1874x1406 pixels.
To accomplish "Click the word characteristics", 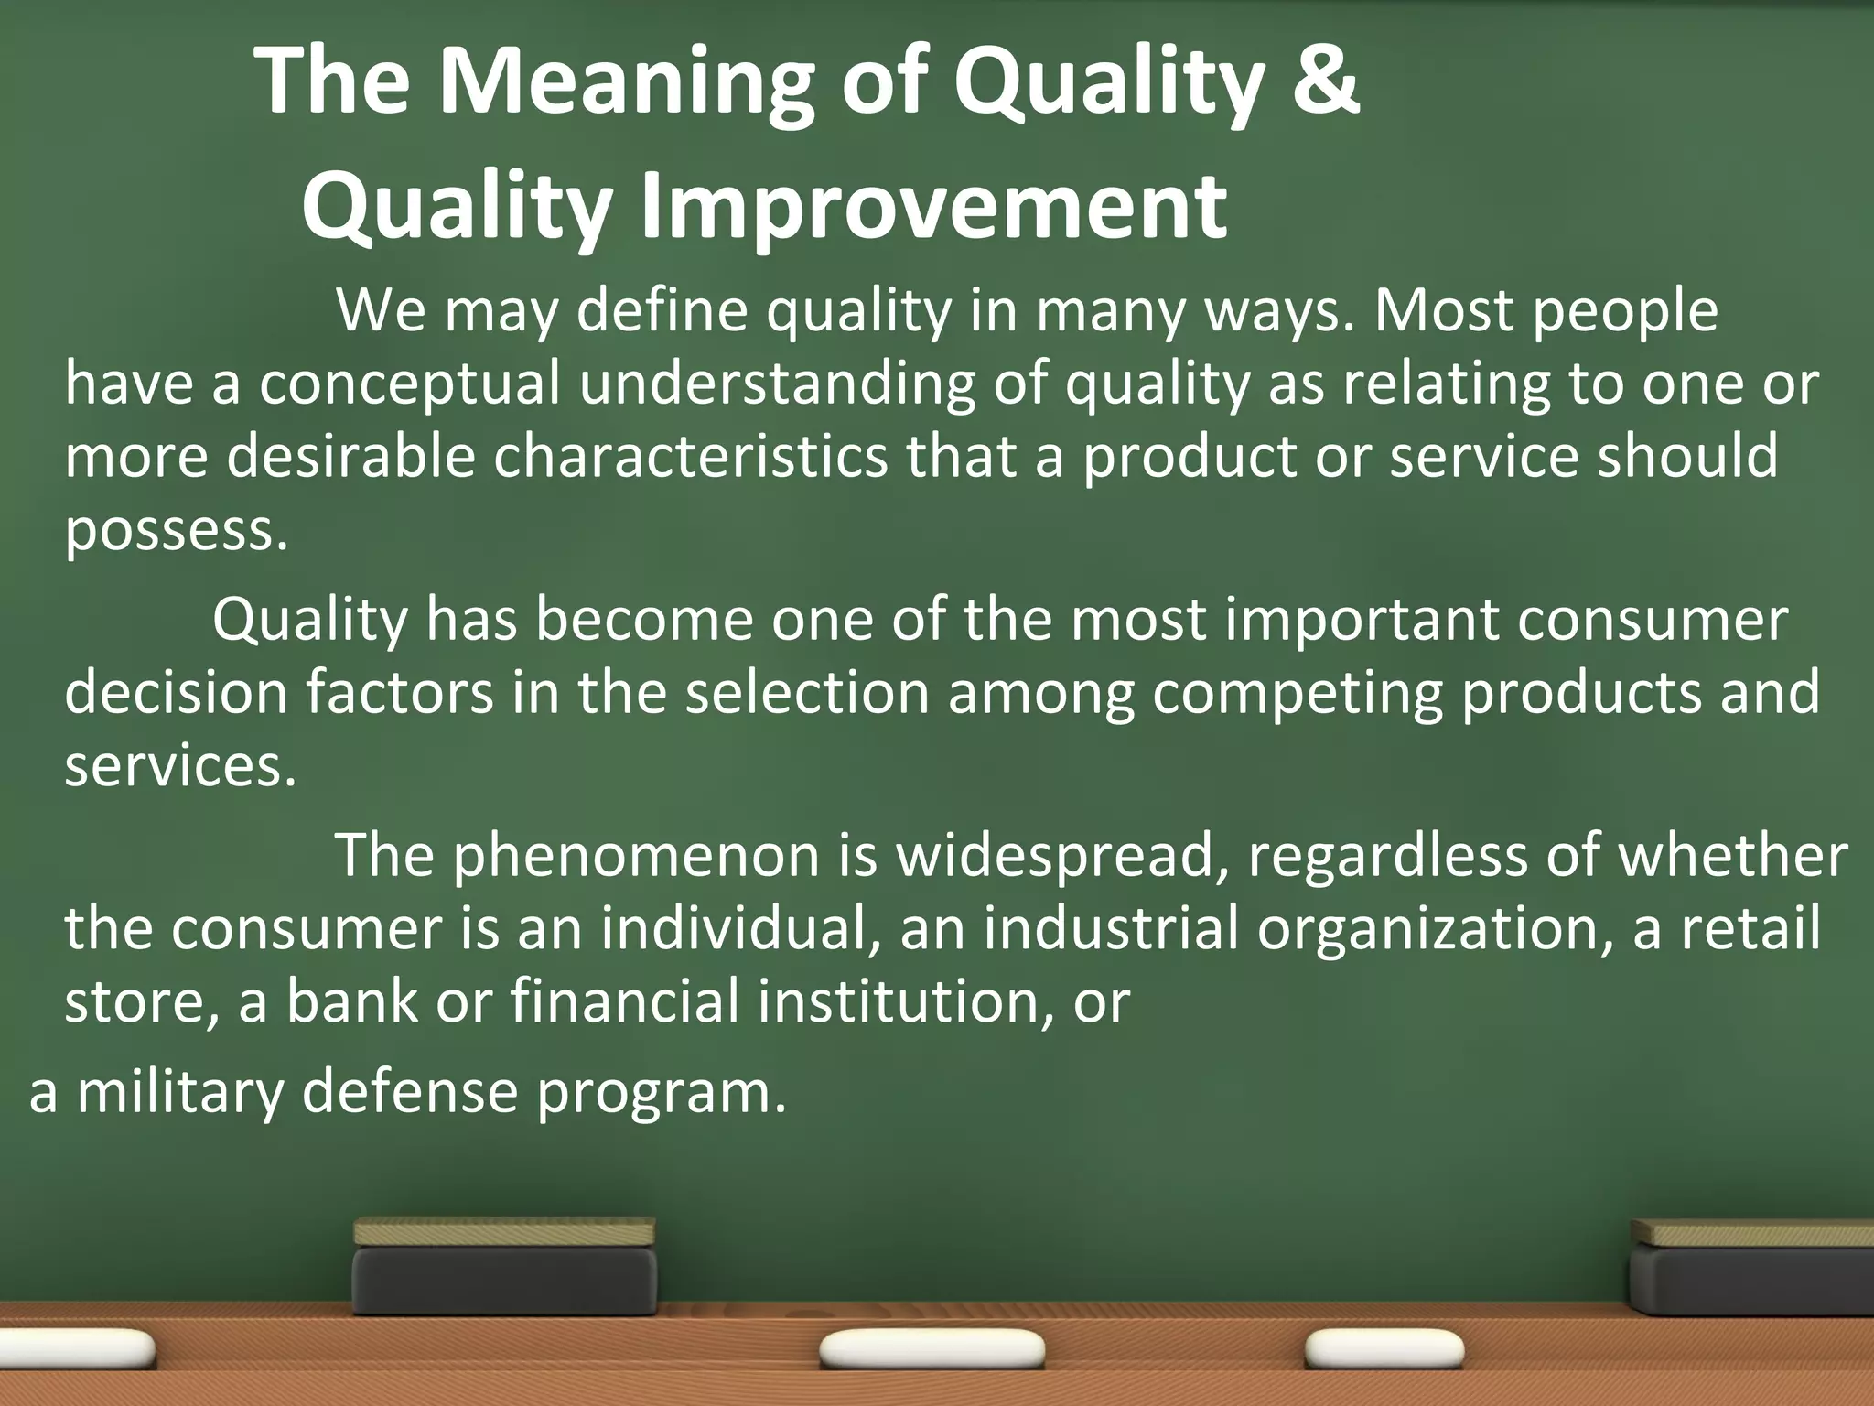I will pos(690,457).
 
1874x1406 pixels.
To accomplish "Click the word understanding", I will pos(777,384).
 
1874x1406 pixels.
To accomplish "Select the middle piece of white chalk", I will pos(932,1350).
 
